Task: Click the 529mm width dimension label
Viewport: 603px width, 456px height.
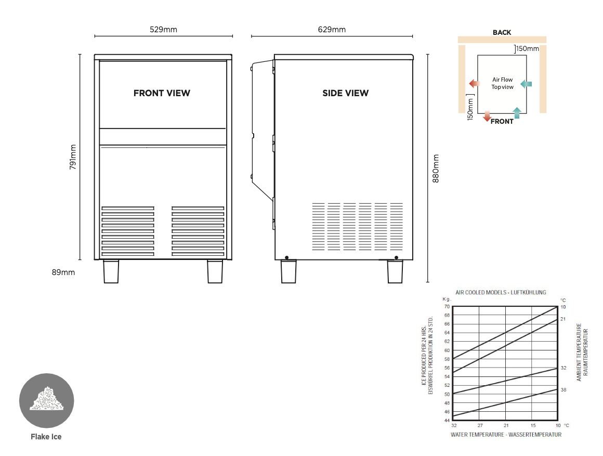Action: pyautogui.click(x=163, y=30)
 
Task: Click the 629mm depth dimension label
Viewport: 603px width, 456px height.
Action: pyautogui.click(x=332, y=30)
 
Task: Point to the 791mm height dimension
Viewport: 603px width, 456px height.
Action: pyautogui.click(x=73, y=157)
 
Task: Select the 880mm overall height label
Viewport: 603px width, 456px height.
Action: pyautogui.click(x=436, y=168)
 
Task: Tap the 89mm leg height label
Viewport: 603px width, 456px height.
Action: pyautogui.click(x=64, y=272)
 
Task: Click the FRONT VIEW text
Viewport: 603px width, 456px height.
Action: pyautogui.click(x=162, y=93)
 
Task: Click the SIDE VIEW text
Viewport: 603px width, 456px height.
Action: pyautogui.click(x=345, y=93)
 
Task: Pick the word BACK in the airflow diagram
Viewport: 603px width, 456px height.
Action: pyautogui.click(x=502, y=32)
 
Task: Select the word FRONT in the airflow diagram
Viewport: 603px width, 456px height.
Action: pyautogui.click(x=502, y=122)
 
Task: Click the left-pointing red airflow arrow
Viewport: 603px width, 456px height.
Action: pyautogui.click(x=474, y=84)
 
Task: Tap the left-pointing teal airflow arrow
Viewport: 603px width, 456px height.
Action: pyautogui.click(x=526, y=84)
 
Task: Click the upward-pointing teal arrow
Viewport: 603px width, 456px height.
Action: pyautogui.click(x=517, y=113)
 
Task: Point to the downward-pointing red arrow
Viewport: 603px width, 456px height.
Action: pyautogui.click(x=487, y=116)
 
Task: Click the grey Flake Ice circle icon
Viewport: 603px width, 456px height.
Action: pyautogui.click(x=47, y=401)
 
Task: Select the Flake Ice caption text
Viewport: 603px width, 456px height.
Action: pyautogui.click(x=46, y=437)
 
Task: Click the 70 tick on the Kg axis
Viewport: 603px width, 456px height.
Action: pyautogui.click(x=447, y=307)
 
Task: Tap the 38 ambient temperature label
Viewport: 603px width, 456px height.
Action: pyautogui.click(x=563, y=389)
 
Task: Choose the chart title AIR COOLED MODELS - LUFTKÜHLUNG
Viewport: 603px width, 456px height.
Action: pyautogui.click(x=501, y=293)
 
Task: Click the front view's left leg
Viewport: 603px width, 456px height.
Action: pyautogui.click(x=111, y=271)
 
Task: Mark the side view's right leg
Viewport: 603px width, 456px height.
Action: pyautogui.click(x=395, y=271)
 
